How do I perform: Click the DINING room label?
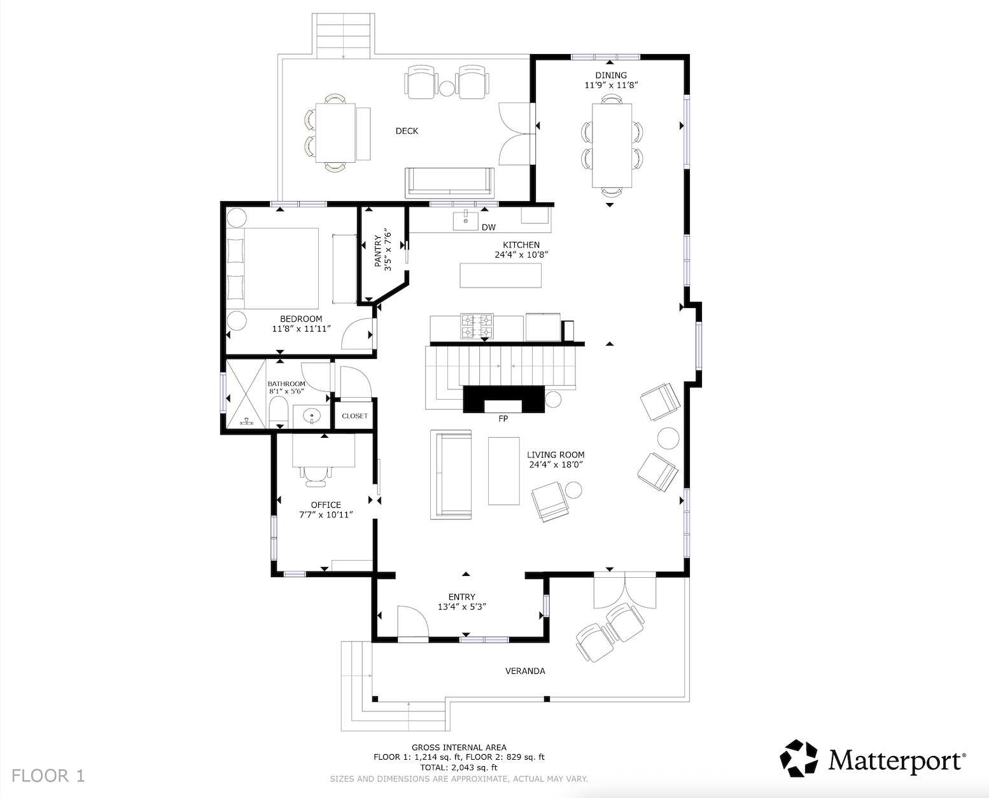[610, 75]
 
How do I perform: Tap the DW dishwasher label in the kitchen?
[488, 227]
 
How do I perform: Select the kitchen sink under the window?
[466, 220]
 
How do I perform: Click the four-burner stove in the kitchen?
[477, 326]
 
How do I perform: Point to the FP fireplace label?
[503, 419]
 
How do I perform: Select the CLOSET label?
[354, 416]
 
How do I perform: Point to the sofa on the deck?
[450, 182]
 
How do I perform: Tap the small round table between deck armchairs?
[447, 87]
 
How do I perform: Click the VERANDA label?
[524, 671]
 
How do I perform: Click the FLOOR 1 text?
[48, 776]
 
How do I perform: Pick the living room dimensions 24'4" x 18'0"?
[555, 465]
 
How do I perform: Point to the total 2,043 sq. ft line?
[459, 767]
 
